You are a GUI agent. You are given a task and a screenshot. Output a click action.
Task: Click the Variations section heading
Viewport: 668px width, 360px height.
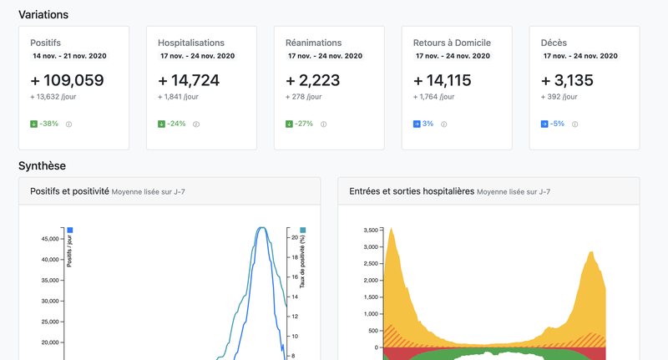(x=43, y=14)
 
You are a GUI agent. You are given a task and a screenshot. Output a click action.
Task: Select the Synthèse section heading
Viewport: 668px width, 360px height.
(x=42, y=165)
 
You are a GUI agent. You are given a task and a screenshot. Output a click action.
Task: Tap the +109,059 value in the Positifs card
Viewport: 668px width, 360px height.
(x=67, y=80)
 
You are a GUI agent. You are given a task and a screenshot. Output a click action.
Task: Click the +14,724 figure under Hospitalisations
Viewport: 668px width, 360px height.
(x=189, y=80)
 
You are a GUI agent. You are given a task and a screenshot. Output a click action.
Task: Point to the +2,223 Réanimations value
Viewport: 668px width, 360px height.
(x=312, y=80)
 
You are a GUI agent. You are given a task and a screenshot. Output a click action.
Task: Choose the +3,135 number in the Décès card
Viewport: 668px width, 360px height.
(x=567, y=80)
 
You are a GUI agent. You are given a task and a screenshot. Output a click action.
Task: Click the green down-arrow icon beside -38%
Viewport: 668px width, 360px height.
(x=33, y=124)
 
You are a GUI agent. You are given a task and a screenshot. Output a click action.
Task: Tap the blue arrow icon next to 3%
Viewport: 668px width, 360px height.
(x=417, y=124)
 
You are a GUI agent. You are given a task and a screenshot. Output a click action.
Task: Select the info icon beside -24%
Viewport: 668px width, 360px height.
(x=196, y=124)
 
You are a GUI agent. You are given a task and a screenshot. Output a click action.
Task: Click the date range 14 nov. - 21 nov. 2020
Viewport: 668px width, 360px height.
(x=69, y=56)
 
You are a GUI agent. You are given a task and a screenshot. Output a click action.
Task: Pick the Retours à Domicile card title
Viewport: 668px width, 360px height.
(x=452, y=43)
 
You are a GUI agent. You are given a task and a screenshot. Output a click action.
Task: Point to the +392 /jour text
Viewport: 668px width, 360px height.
(x=559, y=97)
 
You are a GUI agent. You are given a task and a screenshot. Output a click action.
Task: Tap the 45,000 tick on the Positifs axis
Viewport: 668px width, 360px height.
(x=50, y=239)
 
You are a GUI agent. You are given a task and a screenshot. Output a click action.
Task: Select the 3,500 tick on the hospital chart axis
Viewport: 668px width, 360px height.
(x=371, y=230)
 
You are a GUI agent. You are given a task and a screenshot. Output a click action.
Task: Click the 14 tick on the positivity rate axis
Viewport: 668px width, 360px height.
(x=295, y=297)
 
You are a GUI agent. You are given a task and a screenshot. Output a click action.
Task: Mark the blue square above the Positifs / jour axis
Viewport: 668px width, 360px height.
(x=70, y=230)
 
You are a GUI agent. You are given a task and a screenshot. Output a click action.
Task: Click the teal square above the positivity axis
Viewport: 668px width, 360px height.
(x=303, y=230)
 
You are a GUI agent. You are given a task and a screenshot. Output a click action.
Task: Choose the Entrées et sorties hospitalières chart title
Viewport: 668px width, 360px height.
(x=412, y=191)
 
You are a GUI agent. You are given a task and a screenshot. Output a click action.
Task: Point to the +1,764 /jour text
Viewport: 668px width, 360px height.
(x=433, y=97)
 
